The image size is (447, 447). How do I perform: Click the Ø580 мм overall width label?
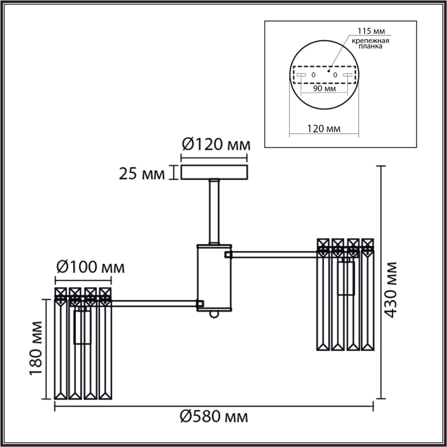tap(214, 417)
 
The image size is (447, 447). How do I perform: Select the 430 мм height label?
tap(391, 290)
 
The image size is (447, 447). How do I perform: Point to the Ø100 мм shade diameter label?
tap(90, 268)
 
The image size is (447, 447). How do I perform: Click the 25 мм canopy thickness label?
tap(141, 174)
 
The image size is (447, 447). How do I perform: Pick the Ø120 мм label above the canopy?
tap(216, 144)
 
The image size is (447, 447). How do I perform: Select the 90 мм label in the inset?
tap(324, 88)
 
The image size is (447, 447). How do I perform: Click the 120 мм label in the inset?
tap(324, 129)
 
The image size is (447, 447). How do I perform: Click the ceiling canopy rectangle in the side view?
tap(214, 173)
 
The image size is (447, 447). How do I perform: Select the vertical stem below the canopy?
tap(214, 211)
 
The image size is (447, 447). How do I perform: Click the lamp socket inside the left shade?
tap(83, 327)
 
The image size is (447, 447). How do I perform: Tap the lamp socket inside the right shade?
tap(346, 278)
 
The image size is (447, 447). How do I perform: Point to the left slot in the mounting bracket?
tap(301, 75)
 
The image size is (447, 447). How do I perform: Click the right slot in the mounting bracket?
tap(347, 75)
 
